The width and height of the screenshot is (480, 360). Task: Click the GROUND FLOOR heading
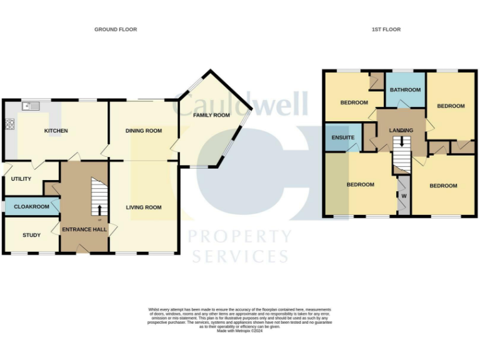[x=116, y=29]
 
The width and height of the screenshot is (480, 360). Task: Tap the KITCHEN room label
[x=56, y=131]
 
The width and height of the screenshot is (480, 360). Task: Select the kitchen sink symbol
[x=31, y=106]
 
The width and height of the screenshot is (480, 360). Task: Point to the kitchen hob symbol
[x=9, y=124]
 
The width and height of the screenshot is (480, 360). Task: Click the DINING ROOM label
[x=144, y=131]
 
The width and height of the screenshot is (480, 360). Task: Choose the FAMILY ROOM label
[x=211, y=115]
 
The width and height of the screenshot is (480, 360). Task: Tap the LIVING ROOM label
[x=144, y=207]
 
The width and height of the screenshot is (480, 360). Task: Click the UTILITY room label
[x=21, y=179]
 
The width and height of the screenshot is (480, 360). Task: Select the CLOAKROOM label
[x=32, y=206]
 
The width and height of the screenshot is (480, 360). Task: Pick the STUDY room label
[x=32, y=235]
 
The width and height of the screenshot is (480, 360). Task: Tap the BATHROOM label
[x=405, y=90]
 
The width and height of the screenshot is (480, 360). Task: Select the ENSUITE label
[x=342, y=137]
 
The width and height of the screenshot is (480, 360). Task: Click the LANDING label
[x=401, y=130]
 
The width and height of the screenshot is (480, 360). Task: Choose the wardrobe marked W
[x=404, y=196]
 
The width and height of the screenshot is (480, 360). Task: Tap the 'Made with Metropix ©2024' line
[x=239, y=331]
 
